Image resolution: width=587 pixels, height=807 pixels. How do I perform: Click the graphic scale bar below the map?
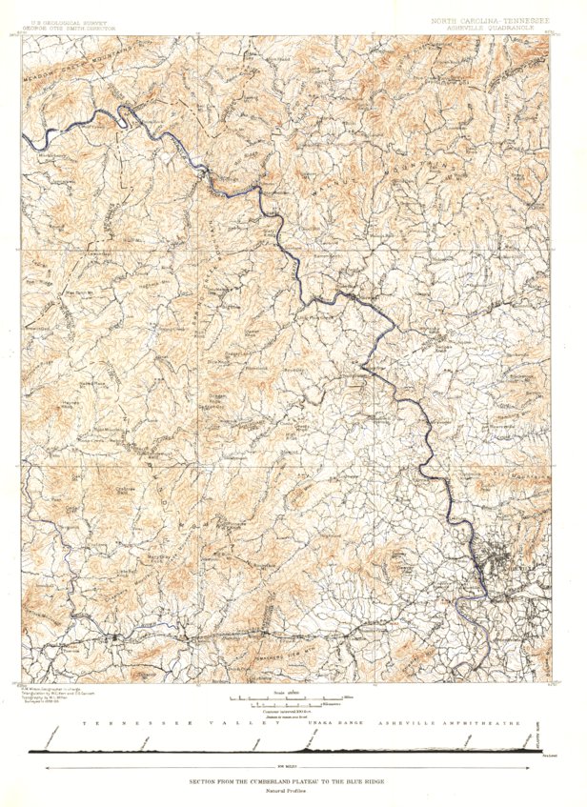[293, 700]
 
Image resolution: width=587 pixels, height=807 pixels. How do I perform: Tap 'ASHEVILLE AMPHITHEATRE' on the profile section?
[449, 725]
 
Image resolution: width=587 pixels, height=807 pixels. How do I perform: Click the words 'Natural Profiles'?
[293, 792]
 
